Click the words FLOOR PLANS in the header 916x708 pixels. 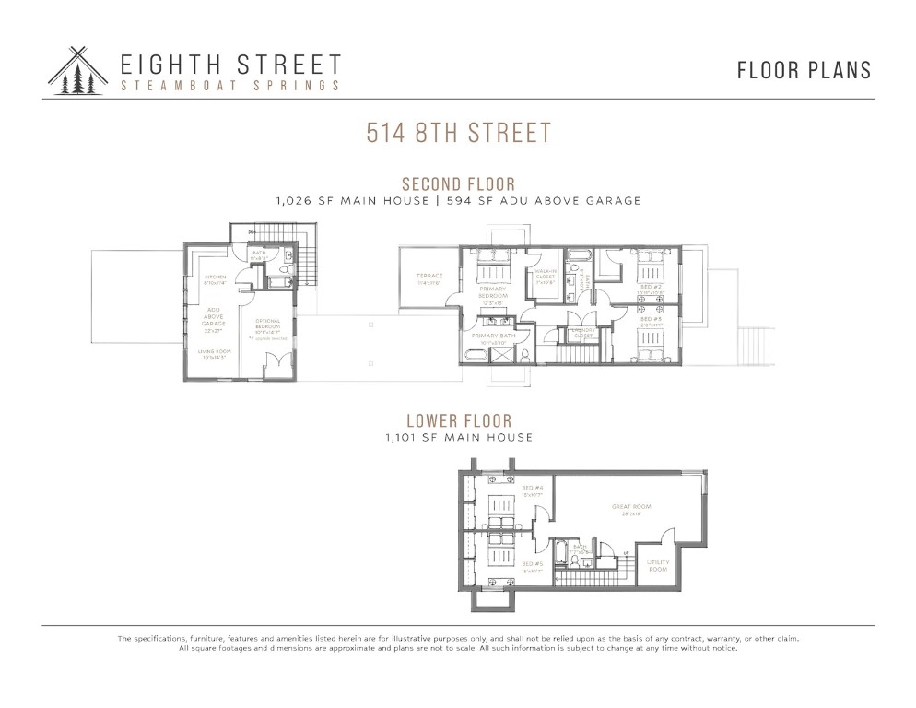pos(804,70)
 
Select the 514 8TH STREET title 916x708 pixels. pos(458,132)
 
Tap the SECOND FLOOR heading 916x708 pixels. pos(458,184)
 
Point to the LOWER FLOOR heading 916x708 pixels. pos(458,422)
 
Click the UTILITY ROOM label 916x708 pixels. pos(657,565)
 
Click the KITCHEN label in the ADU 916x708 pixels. pos(215,279)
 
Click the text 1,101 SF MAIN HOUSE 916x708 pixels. pos(458,438)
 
